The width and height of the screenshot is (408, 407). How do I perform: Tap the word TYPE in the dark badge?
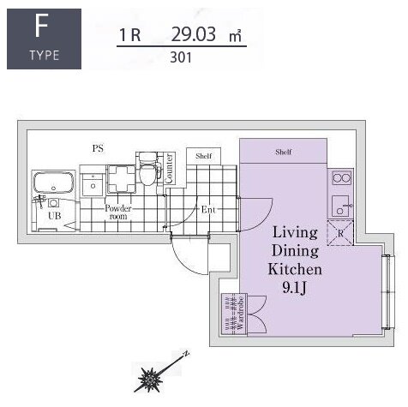click(45, 55)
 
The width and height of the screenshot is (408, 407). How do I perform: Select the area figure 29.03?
click(194, 34)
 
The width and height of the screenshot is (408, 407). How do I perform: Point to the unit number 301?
click(181, 57)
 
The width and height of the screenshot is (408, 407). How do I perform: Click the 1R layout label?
click(130, 35)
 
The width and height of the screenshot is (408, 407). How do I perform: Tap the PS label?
click(98, 148)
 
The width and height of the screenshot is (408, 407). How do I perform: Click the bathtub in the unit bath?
click(53, 183)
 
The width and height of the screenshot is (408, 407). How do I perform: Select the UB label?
click(55, 216)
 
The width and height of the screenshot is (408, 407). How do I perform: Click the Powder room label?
click(118, 212)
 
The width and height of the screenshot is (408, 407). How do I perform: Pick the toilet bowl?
click(147, 172)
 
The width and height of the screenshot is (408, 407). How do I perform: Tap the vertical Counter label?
click(169, 168)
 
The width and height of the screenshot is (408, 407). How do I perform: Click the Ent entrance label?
click(208, 210)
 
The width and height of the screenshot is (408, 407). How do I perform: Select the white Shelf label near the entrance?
click(204, 156)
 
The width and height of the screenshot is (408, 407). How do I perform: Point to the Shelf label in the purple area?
click(284, 152)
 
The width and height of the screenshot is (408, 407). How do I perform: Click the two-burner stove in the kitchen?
click(341, 178)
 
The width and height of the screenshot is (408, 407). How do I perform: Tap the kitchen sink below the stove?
click(342, 206)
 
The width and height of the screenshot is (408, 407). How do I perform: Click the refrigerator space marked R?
click(340, 233)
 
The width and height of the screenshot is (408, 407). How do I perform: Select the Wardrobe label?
click(240, 314)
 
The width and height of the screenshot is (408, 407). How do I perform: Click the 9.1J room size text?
click(294, 288)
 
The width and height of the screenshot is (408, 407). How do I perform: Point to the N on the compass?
click(187, 354)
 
